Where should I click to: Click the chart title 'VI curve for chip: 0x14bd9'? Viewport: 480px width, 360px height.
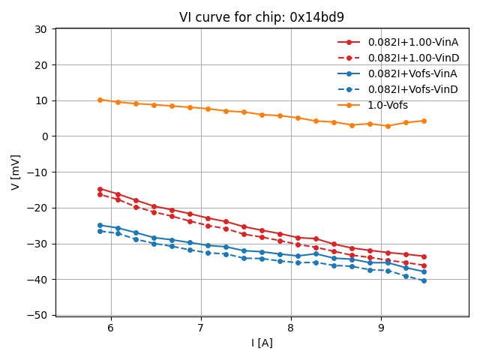262,17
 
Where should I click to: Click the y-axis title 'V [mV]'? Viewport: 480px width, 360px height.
16,172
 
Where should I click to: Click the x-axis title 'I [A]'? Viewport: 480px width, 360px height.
262,343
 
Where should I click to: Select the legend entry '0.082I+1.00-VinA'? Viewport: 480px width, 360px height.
413,42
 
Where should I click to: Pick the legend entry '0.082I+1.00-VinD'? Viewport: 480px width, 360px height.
413,58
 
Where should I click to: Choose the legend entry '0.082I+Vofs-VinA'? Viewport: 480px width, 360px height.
412,73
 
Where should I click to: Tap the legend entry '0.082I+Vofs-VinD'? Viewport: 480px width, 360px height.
412,89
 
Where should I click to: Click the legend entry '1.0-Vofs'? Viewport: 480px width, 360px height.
388,105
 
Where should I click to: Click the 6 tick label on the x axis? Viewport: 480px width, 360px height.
111,328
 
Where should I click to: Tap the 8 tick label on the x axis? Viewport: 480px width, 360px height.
291,328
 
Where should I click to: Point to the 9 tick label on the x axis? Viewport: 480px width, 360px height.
381,328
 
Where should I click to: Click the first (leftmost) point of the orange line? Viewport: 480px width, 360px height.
100,100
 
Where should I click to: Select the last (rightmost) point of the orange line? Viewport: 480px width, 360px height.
424,121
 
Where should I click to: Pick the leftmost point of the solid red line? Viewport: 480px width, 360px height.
100,189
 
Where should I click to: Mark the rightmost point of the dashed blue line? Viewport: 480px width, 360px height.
424,280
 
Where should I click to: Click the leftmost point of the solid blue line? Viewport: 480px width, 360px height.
100,225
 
